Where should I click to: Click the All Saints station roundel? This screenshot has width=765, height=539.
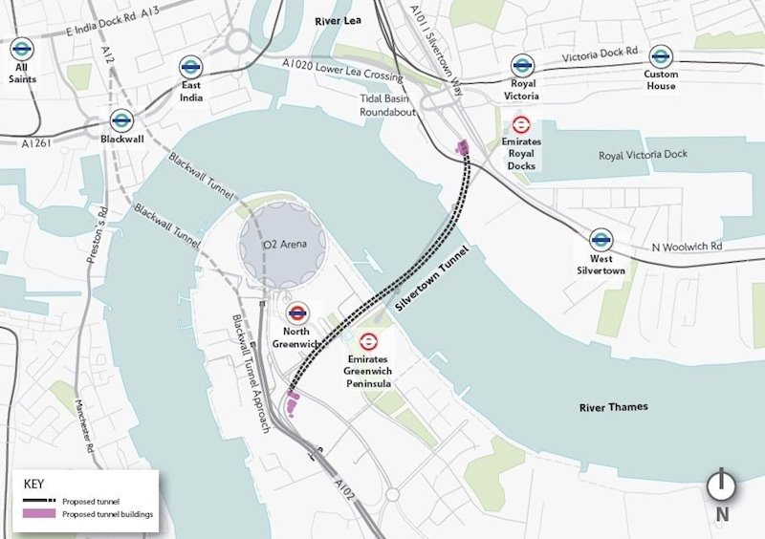[22, 49]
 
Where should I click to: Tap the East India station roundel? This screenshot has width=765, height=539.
[190, 67]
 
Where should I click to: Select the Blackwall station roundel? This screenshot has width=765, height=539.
[121, 120]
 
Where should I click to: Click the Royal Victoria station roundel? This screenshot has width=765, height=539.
[521, 65]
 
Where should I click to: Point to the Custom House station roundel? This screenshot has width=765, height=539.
[660, 56]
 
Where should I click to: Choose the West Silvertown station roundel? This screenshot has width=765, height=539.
[601, 239]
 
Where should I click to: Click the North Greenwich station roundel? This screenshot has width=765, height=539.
[297, 312]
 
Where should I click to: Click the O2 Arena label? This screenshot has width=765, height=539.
[284, 245]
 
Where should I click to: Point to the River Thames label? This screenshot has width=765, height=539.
[613, 407]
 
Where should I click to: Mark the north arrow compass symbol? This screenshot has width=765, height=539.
[721, 485]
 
